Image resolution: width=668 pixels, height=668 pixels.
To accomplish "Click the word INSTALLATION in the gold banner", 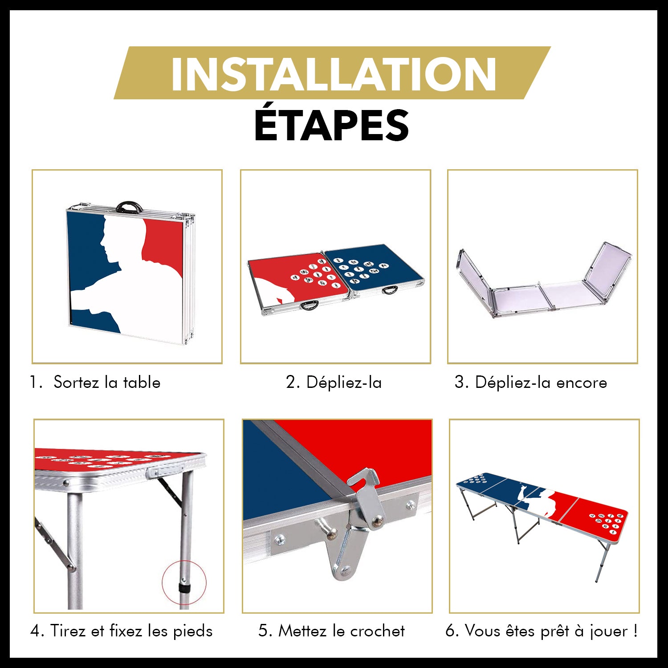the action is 334,73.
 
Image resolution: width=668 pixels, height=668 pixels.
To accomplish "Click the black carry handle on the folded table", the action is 129,207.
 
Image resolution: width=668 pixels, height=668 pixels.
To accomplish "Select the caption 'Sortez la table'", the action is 107,383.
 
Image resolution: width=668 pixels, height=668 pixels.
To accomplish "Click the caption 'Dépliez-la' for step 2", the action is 344,383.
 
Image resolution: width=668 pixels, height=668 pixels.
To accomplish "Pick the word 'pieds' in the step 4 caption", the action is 193,631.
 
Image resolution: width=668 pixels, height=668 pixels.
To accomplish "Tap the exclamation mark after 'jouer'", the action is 635,631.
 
